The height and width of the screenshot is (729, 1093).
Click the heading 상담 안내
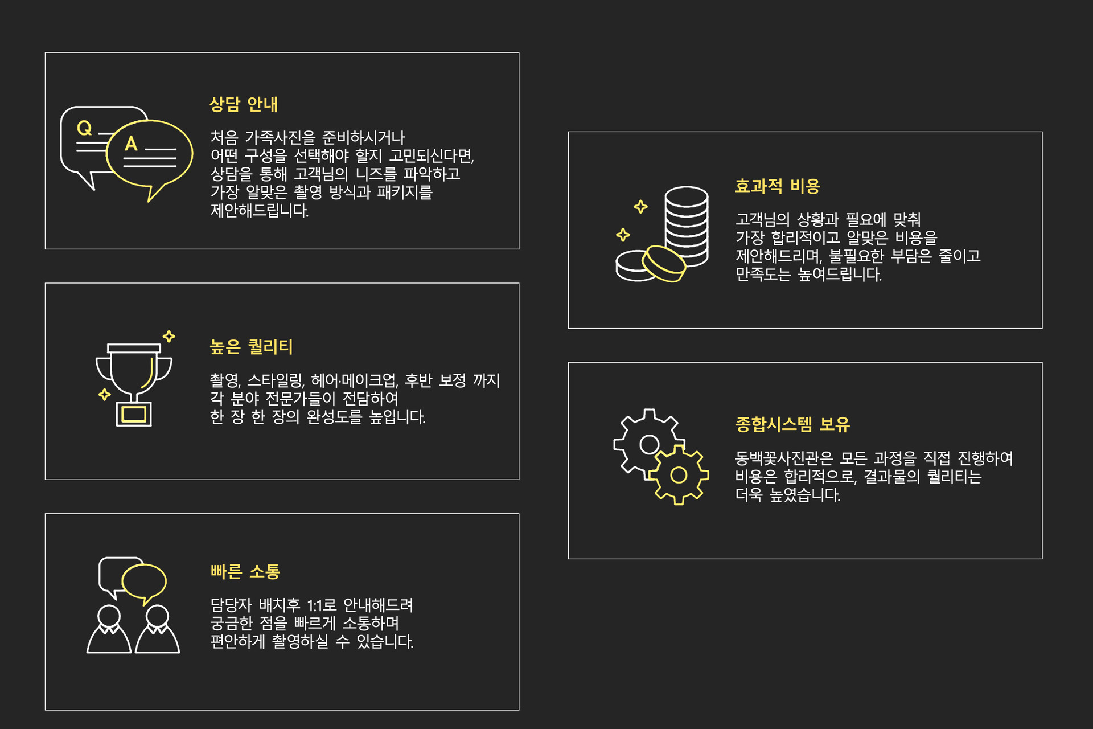(x=244, y=104)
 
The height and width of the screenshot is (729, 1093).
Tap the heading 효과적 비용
(x=777, y=186)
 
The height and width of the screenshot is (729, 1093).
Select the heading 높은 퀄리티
(x=251, y=347)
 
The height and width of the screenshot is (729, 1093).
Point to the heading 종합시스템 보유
(x=792, y=424)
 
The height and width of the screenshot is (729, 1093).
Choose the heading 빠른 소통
(x=245, y=571)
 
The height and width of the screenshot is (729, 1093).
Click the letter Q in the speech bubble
(x=84, y=128)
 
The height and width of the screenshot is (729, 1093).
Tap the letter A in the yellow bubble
(x=131, y=144)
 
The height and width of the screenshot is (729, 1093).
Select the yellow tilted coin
(x=664, y=264)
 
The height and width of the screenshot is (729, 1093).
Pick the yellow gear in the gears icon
(x=679, y=475)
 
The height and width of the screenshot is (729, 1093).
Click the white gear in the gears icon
(x=648, y=444)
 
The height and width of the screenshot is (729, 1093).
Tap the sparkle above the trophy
(x=169, y=336)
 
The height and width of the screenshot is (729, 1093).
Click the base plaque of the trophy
(x=134, y=414)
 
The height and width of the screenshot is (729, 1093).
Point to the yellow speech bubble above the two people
(x=144, y=581)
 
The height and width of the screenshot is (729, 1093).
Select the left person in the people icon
(x=109, y=632)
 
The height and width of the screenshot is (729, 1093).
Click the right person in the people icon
(x=158, y=632)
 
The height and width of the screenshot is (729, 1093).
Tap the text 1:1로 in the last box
(x=322, y=605)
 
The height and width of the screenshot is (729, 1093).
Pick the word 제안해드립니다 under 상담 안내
(x=260, y=211)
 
